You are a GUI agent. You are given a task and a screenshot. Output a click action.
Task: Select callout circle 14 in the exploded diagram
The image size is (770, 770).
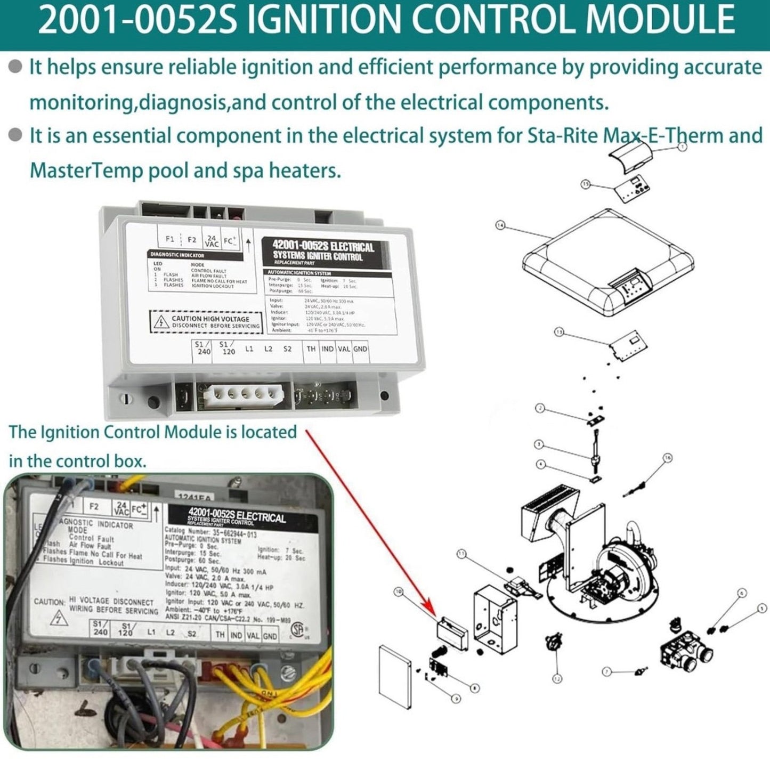tap(500, 225)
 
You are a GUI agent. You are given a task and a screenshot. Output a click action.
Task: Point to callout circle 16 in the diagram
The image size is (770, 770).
tap(668, 458)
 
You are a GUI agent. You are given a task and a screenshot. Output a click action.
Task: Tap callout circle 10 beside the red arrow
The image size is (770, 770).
tap(398, 591)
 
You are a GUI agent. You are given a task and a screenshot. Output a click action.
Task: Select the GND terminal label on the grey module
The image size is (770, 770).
tap(360, 349)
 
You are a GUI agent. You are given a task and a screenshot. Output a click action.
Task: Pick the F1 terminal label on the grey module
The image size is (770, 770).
tap(170, 239)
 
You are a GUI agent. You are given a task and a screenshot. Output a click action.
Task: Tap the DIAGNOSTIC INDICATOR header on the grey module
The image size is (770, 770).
tap(176, 255)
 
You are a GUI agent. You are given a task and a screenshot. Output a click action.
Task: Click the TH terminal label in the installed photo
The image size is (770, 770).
tap(220, 635)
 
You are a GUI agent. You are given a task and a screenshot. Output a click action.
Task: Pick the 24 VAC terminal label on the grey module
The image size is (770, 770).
tap(212, 240)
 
